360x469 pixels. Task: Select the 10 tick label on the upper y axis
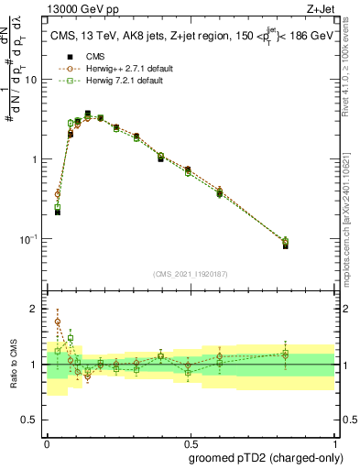[x=31, y=80]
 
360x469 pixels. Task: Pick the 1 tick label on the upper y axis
[x=35, y=159]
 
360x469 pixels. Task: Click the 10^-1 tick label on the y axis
[x=30, y=239]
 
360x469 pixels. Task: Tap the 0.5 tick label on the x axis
[x=189, y=441]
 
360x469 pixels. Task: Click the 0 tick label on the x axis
[x=47, y=441]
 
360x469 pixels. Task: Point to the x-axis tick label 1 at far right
[x=331, y=441]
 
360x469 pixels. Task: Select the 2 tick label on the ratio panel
[x=36, y=309]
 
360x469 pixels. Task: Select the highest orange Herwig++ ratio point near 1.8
[x=58, y=322]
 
